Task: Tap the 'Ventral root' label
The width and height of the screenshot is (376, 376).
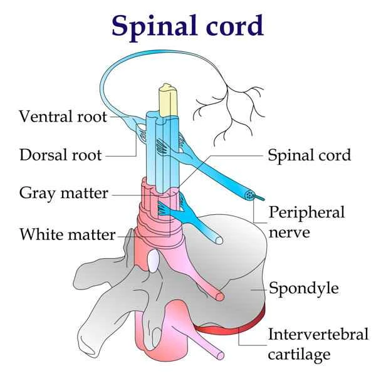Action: (62, 117)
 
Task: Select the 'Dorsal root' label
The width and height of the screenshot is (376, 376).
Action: (60, 154)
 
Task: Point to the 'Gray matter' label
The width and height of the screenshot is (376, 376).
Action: (64, 193)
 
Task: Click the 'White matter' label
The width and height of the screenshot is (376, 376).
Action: (67, 235)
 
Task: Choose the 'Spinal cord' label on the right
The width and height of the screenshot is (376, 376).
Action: (309, 154)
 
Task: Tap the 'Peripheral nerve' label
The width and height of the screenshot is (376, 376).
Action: (306, 222)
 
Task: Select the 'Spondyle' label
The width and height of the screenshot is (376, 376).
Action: (303, 288)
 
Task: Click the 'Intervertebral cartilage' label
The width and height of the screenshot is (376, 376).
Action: (309, 344)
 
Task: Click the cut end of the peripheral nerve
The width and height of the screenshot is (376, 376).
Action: (251, 196)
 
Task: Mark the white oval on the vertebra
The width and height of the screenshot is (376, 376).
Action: (153, 265)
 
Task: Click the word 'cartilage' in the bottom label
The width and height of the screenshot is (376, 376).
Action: (299, 355)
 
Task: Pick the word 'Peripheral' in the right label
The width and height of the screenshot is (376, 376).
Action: (306, 212)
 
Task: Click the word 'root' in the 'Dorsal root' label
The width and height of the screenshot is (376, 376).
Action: (87, 154)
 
